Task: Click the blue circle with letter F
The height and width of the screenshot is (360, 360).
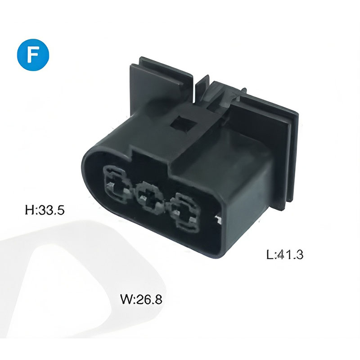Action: (x=33, y=55)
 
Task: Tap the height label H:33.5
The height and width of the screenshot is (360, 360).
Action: (x=45, y=210)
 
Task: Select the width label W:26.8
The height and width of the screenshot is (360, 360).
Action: (x=141, y=299)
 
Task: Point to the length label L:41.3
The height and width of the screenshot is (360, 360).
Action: (x=285, y=254)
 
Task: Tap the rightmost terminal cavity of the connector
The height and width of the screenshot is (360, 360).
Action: (x=185, y=212)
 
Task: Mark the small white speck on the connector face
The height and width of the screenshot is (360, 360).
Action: (x=218, y=220)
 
